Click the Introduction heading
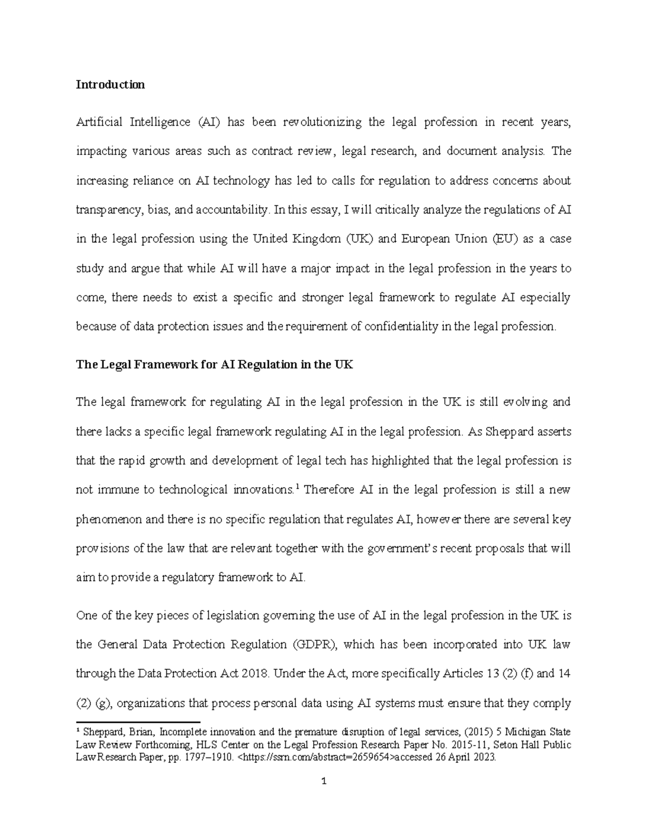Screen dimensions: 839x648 (x=110, y=85)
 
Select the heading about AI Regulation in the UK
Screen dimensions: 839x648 (x=214, y=365)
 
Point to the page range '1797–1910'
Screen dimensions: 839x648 (x=210, y=757)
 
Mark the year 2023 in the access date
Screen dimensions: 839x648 (x=483, y=757)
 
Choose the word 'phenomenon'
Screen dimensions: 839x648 (x=109, y=520)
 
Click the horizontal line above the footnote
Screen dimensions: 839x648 (x=138, y=721)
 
